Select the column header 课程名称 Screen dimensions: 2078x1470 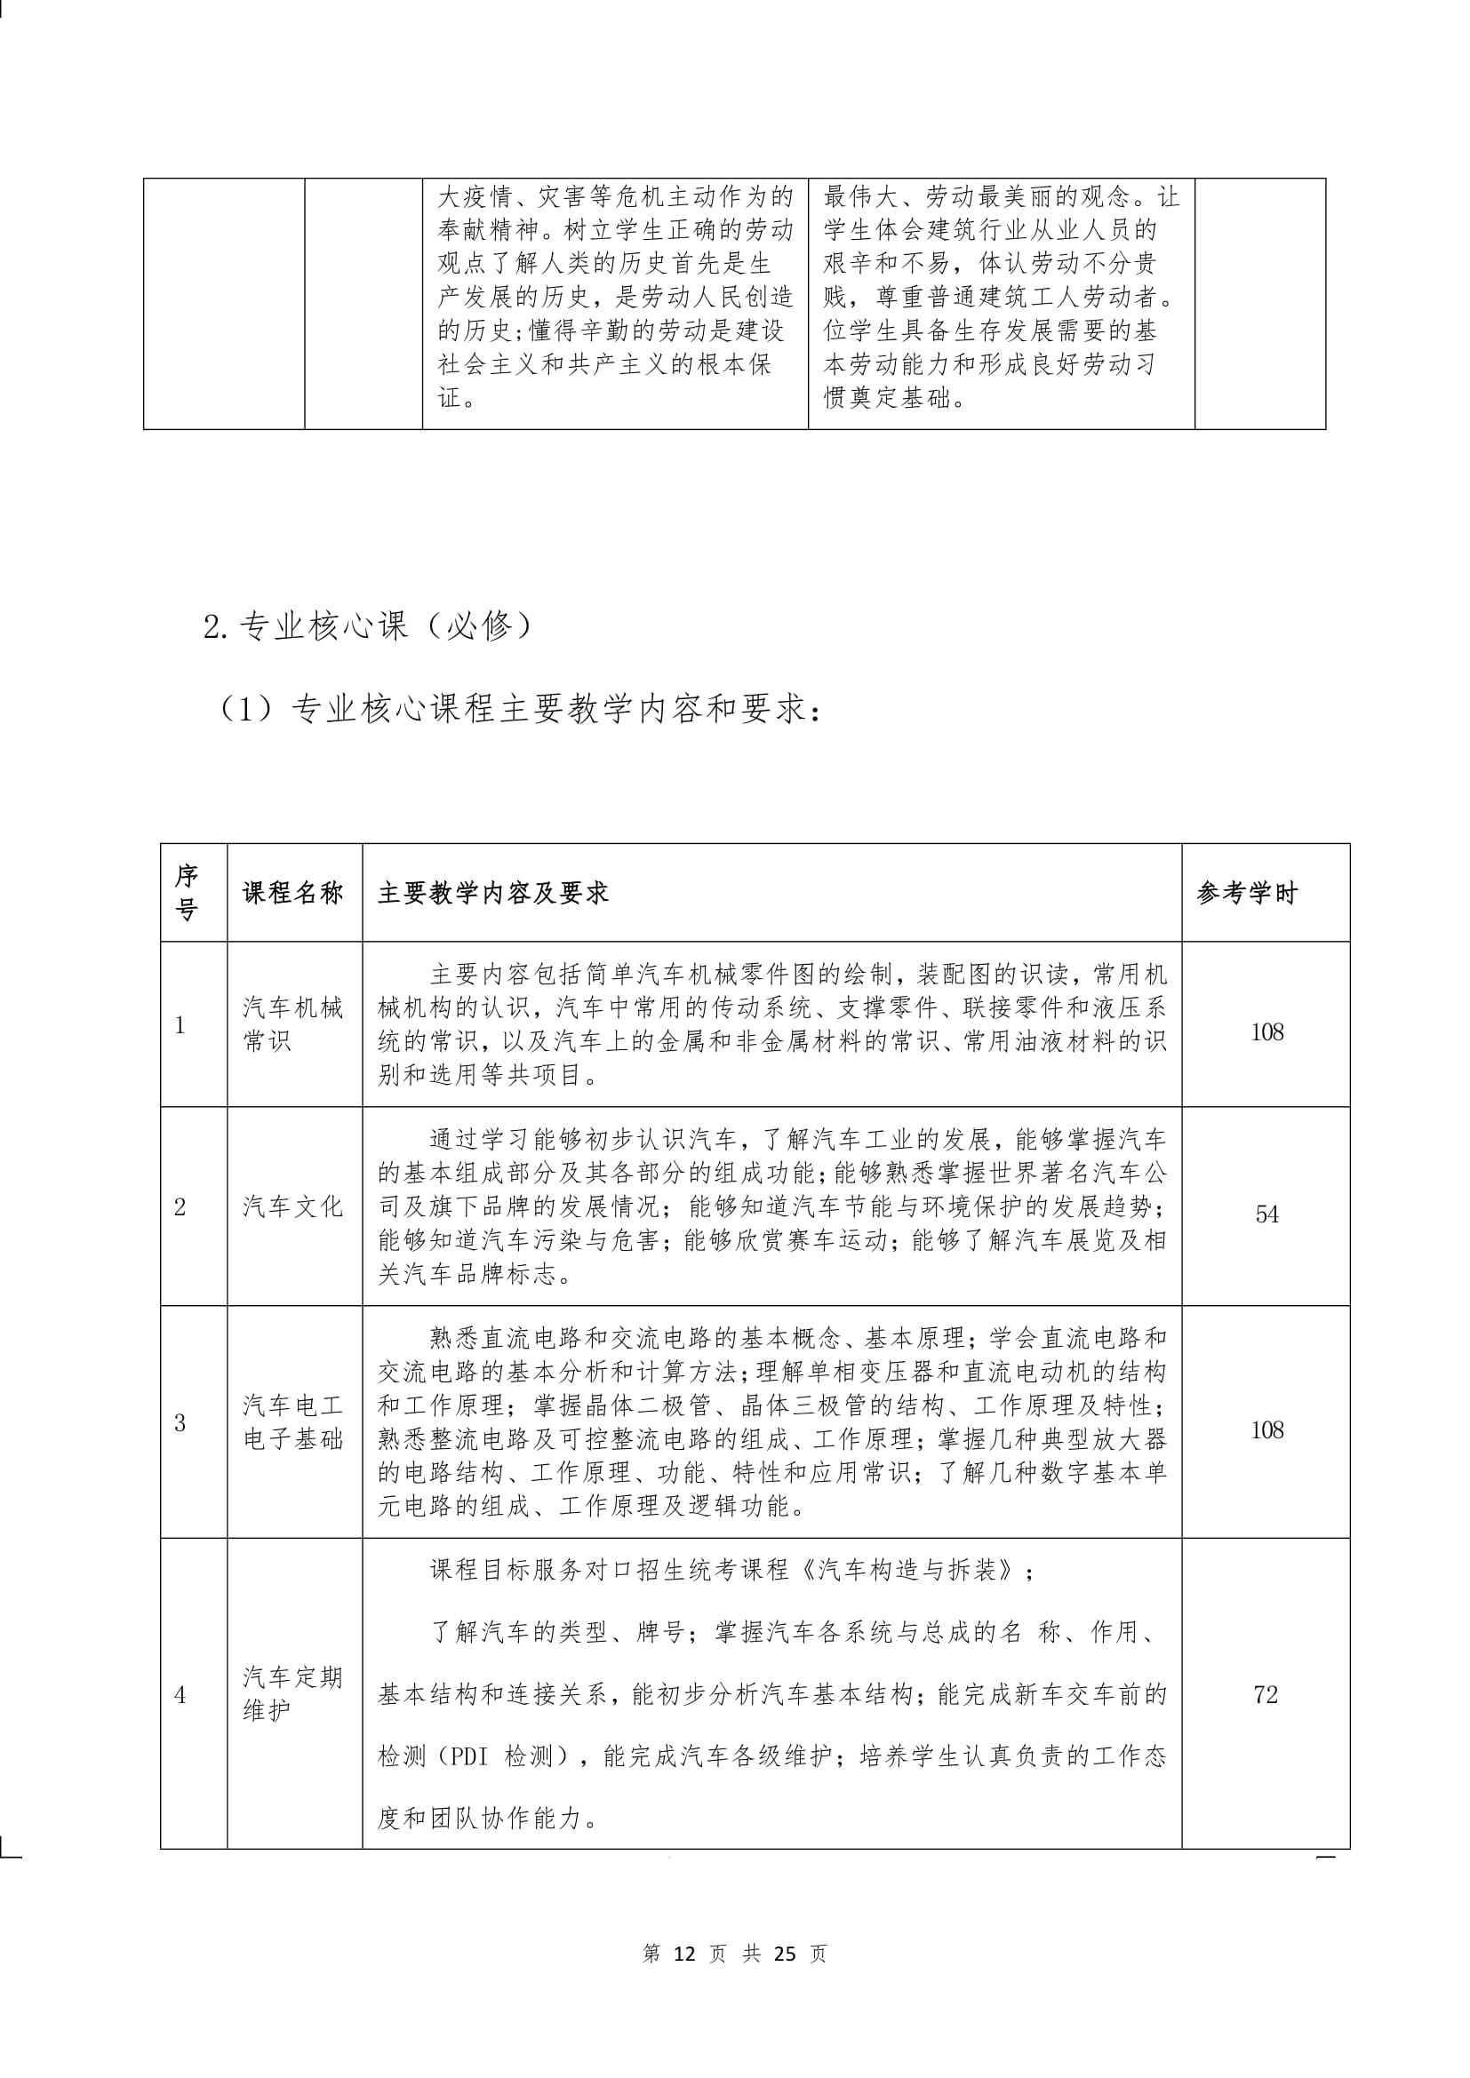[293, 893]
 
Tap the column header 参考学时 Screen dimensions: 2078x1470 [1246, 893]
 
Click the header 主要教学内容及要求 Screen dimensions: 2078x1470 [493, 893]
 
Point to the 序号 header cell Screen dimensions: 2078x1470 [187, 892]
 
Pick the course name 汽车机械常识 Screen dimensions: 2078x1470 [293, 1024]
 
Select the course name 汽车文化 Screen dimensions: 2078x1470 [293, 1206]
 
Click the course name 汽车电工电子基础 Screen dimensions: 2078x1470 [293, 1421]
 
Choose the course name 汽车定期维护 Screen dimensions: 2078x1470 [293, 1693]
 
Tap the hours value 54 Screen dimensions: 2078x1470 [1266, 1214]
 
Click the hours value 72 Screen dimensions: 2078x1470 [1266, 1694]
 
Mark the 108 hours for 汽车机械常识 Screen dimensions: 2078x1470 [1266, 1032]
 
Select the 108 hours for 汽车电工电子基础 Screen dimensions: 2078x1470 [1266, 1430]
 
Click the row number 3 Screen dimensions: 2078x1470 [180, 1422]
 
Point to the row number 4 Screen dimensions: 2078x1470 [180, 1694]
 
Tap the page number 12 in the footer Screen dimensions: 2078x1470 [684, 1954]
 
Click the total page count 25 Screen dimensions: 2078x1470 [785, 1954]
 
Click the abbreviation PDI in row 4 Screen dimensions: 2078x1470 [469, 1757]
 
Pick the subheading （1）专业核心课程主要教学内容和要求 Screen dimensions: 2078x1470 [519, 710]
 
